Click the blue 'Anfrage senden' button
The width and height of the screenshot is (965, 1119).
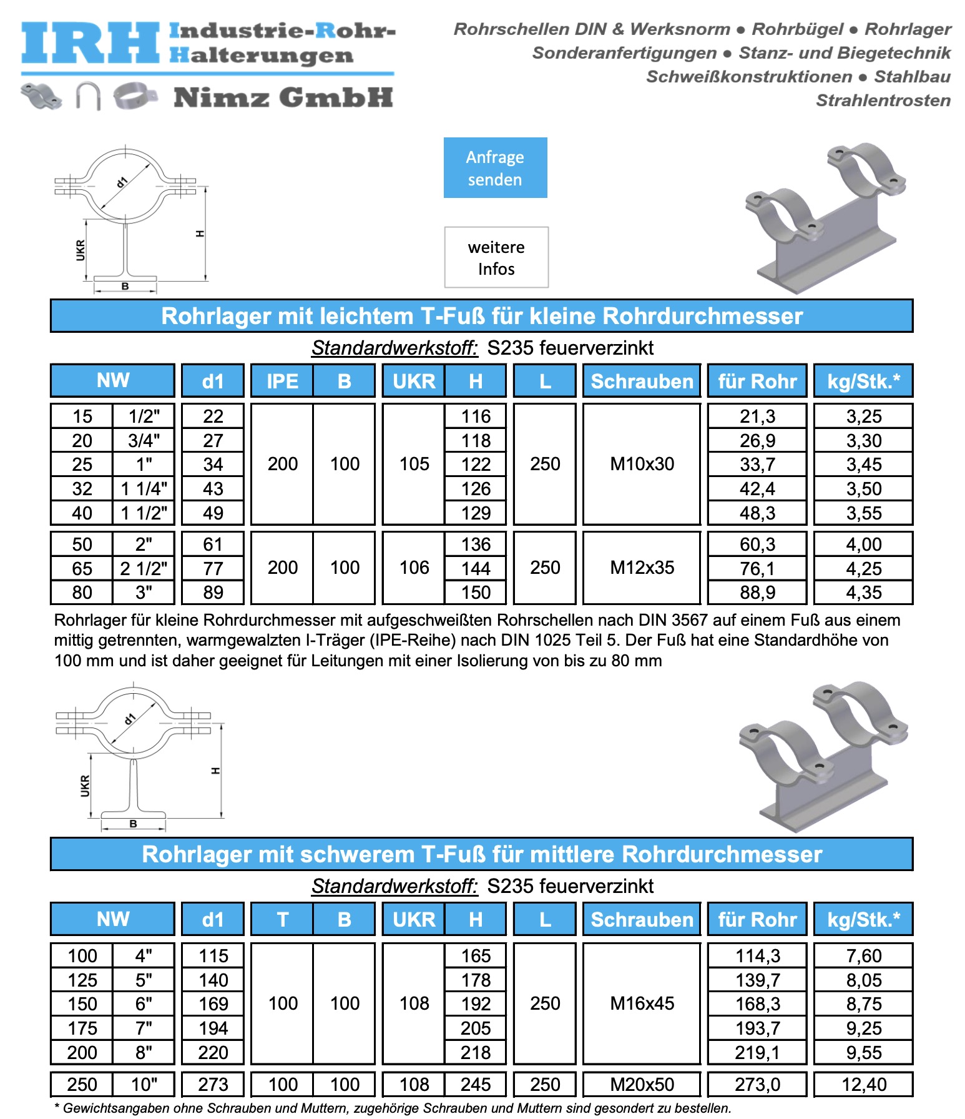click(x=495, y=167)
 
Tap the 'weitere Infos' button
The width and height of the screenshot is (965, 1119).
click(x=496, y=257)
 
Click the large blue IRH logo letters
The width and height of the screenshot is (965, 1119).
click(x=91, y=44)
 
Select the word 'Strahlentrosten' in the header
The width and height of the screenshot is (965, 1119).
click(x=883, y=101)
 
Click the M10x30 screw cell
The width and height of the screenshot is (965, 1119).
click(x=642, y=464)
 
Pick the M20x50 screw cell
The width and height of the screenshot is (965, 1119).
click(x=642, y=1084)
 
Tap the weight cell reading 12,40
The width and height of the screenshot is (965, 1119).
click(x=863, y=1084)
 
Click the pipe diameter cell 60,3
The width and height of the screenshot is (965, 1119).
click(x=757, y=545)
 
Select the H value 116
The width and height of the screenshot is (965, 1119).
click(x=476, y=417)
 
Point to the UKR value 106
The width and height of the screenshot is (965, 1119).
click(x=414, y=568)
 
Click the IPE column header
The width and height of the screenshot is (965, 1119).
click(x=282, y=381)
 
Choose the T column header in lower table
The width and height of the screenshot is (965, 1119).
click(x=282, y=919)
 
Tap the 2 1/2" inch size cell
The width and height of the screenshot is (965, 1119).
click(x=144, y=569)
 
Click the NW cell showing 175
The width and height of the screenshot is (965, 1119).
click(x=82, y=1028)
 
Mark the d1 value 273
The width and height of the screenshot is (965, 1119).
click(x=213, y=1084)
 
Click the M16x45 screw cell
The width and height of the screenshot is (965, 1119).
click(x=642, y=1003)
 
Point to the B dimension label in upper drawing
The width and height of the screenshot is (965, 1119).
click(x=125, y=287)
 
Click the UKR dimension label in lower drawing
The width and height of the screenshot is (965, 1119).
click(x=85, y=786)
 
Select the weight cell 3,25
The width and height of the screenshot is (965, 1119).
click(x=863, y=417)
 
